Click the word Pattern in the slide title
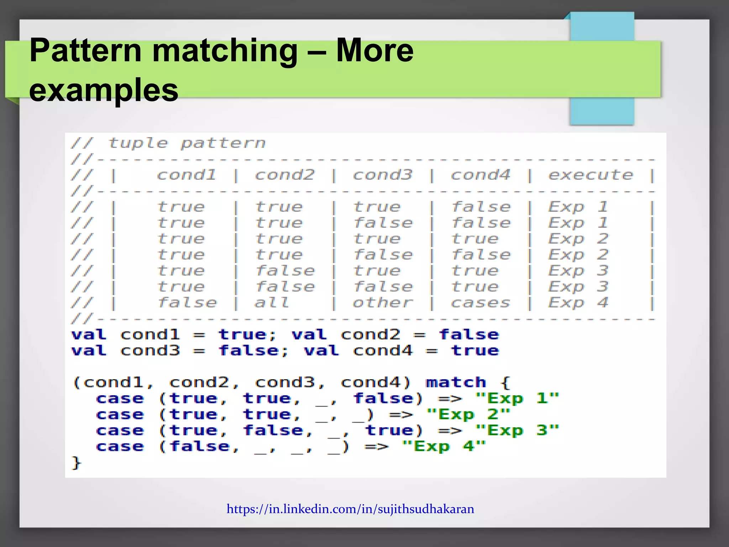[x=86, y=51]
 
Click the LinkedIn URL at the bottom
[x=350, y=509]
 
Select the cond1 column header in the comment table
[x=186, y=175]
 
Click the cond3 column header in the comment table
[x=382, y=175]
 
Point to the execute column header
[x=591, y=175]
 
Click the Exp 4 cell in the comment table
[x=578, y=303]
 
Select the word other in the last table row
[x=383, y=303]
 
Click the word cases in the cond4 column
[x=480, y=303]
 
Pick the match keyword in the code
[x=456, y=382]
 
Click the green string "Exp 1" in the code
[x=517, y=398]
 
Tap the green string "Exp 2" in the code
[x=468, y=414]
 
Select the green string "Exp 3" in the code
[x=517, y=430]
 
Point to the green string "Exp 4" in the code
[x=444, y=446]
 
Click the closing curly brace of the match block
[x=76, y=463]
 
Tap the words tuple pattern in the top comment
[x=187, y=143]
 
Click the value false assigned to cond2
[x=469, y=335]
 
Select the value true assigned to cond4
[x=475, y=351]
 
